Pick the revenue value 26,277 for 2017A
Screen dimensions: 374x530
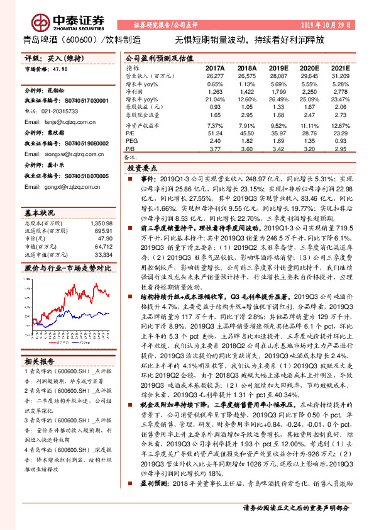(x=215, y=76)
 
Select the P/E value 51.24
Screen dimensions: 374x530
(x=215, y=133)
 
